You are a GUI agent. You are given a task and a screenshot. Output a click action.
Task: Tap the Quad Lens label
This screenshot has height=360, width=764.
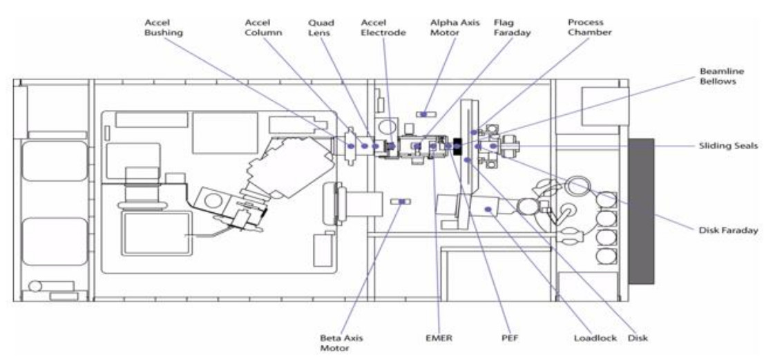point(321,27)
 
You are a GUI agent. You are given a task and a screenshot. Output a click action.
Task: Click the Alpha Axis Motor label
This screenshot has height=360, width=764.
point(448,27)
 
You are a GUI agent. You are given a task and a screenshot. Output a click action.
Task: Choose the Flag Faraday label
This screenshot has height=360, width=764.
point(512,27)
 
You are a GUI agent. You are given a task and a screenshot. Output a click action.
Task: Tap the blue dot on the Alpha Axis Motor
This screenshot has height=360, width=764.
point(424,114)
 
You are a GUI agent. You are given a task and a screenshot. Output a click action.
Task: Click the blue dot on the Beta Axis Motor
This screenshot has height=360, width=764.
point(402,201)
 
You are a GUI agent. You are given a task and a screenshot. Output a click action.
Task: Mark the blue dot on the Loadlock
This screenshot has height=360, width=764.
point(488,209)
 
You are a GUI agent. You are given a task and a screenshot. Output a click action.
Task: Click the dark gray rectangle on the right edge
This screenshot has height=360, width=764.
point(641,211)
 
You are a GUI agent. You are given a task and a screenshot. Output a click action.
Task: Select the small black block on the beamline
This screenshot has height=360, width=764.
point(457,146)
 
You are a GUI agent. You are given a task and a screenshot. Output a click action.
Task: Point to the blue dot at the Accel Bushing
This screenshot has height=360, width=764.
point(350,146)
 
